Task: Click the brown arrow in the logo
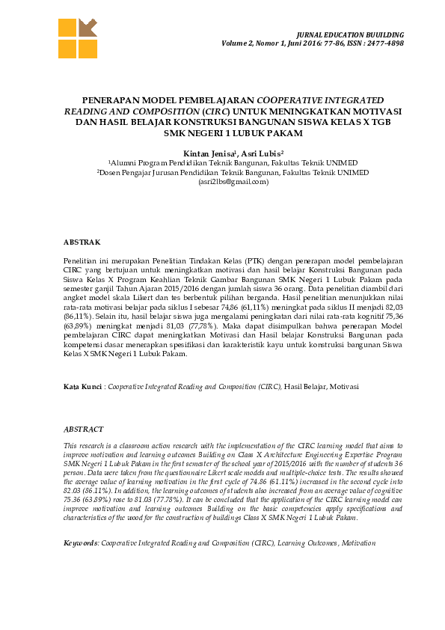88,28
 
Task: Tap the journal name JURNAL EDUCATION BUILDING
351,35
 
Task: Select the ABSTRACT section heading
82,430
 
